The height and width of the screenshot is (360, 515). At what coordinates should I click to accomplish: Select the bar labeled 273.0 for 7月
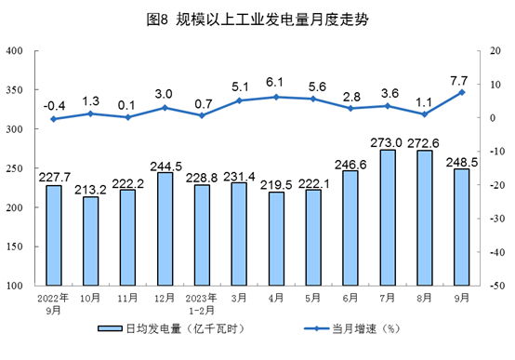388,218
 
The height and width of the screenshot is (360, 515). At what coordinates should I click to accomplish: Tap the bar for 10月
90,241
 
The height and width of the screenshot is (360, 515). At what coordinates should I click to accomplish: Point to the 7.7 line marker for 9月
462,91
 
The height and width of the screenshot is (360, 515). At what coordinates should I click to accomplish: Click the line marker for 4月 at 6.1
276,97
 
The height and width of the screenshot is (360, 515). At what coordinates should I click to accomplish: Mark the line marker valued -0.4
53,119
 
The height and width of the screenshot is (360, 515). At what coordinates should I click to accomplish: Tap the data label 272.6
425,142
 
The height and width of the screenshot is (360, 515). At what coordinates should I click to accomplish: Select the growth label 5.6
313,83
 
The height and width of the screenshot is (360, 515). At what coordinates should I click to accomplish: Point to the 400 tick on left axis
16,50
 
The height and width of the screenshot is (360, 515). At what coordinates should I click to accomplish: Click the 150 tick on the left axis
16,247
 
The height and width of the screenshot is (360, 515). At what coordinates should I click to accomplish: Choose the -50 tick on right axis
497,286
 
